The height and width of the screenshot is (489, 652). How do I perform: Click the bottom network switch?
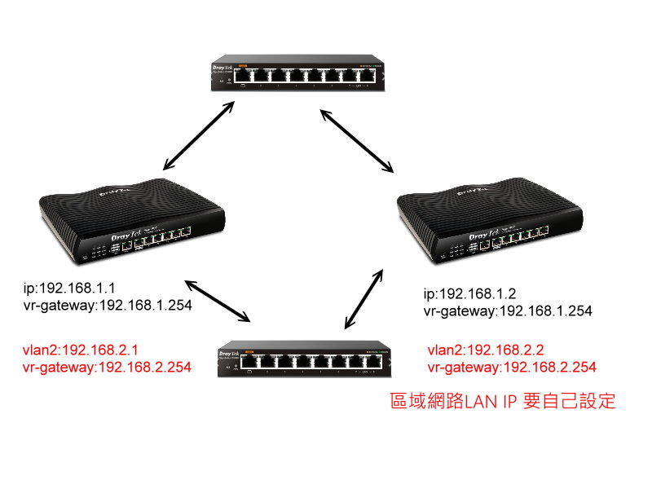click(302, 360)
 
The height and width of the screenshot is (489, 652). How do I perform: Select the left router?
click(130, 219)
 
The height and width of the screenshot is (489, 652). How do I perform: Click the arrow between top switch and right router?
click(357, 141)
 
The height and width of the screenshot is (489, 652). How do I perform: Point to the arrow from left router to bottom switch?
click(218, 301)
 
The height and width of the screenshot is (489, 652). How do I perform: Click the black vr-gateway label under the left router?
click(107, 306)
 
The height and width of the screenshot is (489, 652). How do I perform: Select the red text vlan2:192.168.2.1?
click(86, 350)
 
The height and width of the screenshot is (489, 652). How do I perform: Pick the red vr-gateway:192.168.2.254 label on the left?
click(107, 368)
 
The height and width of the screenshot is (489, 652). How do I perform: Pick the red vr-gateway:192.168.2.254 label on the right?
click(511, 368)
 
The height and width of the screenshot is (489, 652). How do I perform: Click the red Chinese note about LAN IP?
click(503, 402)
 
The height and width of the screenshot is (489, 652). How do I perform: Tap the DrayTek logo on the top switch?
click(223, 69)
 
